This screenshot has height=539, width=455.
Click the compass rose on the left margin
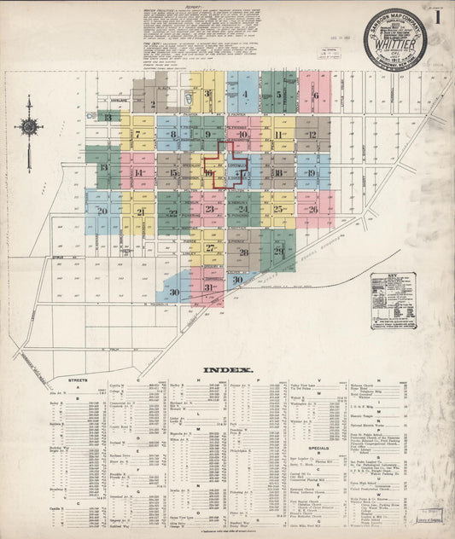coord(28,128)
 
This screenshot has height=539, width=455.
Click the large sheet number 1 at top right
coord(438,17)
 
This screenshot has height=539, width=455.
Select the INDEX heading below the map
coord(227,371)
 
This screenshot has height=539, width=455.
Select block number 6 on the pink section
coord(315,96)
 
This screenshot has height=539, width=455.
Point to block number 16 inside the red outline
coord(209,173)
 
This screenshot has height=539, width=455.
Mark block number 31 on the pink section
coord(208,288)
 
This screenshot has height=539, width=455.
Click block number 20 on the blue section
coord(102,210)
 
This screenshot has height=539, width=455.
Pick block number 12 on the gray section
coord(312,135)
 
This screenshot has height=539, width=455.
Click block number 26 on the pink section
coord(313,209)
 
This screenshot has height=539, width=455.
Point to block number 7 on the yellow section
coord(137,135)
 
